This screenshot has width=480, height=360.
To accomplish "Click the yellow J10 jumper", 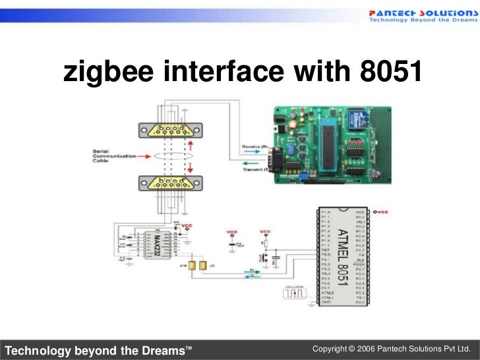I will tap(191, 266).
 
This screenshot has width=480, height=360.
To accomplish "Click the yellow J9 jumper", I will tap(204, 266).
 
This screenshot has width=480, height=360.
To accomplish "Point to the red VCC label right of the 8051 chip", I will tap(381, 212).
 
